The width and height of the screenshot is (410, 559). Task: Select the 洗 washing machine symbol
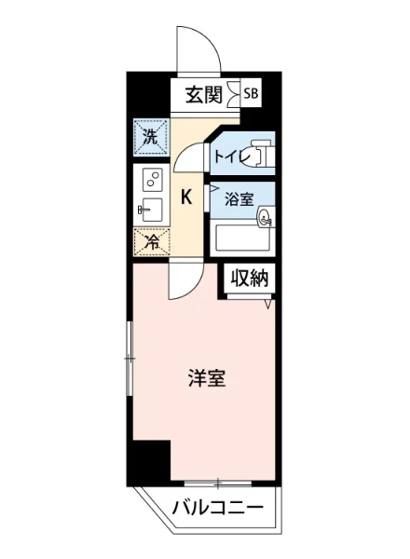[x=150, y=136]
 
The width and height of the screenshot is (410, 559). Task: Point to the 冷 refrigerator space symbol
[x=150, y=242]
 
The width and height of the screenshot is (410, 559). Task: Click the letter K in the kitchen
[x=186, y=197]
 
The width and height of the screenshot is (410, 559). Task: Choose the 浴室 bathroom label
[x=239, y=198]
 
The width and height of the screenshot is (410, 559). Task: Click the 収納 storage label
[x=250, y=278]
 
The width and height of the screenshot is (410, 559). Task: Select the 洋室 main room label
[x=208, y=379]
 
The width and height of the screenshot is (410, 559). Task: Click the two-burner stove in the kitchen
[x=151, y=179]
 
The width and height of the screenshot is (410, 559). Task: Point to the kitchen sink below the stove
[x=150, y=209]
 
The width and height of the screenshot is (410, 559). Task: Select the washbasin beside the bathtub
[x=265, y=220]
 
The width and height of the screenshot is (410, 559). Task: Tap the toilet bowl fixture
[x=262, y=154]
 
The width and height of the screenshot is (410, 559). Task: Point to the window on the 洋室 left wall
[x=130, y=354]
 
